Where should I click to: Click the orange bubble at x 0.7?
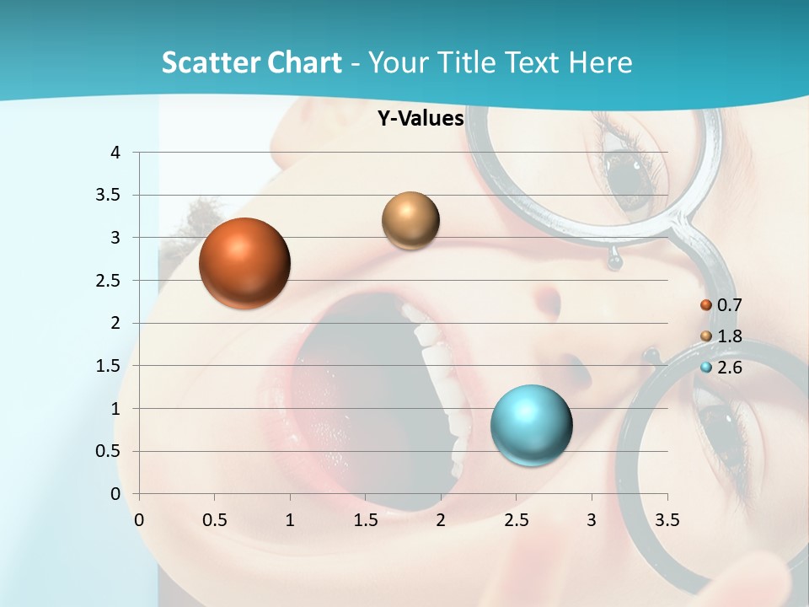245,263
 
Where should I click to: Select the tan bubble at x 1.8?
410,220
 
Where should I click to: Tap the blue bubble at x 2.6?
531,425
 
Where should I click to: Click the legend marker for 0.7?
706,305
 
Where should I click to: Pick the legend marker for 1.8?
706,336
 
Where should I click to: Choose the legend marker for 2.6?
706,368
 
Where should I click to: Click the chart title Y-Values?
421,119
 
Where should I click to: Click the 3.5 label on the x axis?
667,519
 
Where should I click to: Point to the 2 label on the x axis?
440,519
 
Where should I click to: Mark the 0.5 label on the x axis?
215,519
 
